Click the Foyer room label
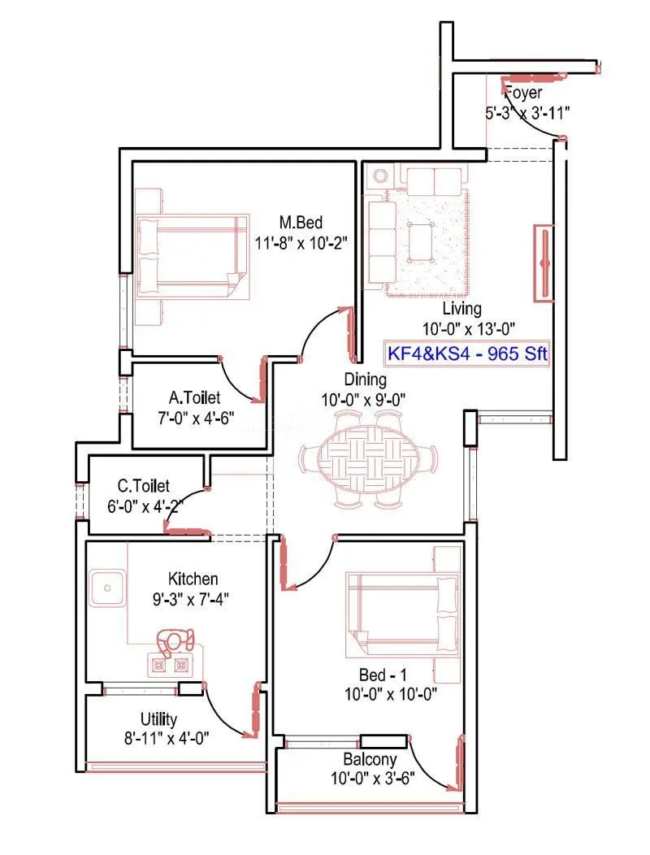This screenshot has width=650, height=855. tap(523, 93)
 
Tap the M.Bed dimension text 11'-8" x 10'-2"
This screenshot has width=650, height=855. tap(301, 243)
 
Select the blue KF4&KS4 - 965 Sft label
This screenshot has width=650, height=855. tap(466, 354)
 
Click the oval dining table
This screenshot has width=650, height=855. tap(369, 459)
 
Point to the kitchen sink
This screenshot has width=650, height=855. tap(107, 588)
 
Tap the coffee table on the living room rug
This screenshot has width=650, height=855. tap(419, 242)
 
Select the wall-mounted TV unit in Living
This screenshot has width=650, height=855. tap(544, 263)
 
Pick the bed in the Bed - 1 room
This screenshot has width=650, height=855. tap(402, 614)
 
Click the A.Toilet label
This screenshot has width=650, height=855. tap(195, 397)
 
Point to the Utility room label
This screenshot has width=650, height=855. tap(158, 720)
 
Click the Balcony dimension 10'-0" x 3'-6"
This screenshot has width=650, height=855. tap(372, 778)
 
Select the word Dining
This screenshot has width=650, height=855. tap(366, 380)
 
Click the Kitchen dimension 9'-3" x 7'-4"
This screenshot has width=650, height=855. tap(190, 600)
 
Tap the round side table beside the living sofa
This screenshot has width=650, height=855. tap(380, 176)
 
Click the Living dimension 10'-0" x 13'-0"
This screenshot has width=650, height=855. tap(469, 329)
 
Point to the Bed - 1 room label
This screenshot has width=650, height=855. tap(383, 675)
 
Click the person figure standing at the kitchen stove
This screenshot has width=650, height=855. tap(175, 640)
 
